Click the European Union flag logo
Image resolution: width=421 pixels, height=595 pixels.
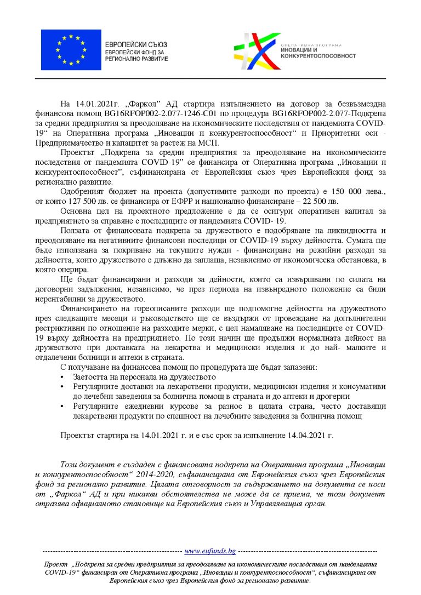coord(71,50)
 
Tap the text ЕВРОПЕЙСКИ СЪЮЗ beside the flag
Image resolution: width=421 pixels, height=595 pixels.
coord(136,44)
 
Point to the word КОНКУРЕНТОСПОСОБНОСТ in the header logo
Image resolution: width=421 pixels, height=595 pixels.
coord(317,56)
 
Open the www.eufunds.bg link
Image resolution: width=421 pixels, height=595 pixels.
coord(210,551)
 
